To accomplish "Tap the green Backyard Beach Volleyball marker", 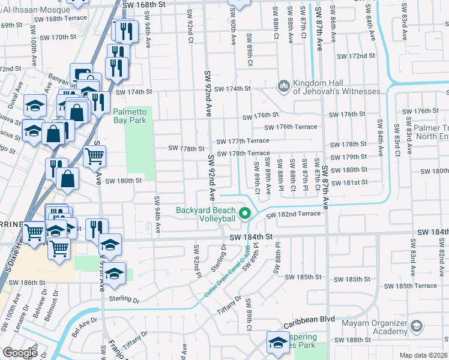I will [244, 213].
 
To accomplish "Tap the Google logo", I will [20, 353].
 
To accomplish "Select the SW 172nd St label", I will [356, 56].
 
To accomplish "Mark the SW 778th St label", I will [186, 148].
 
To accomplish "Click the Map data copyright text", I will [424, 355].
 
